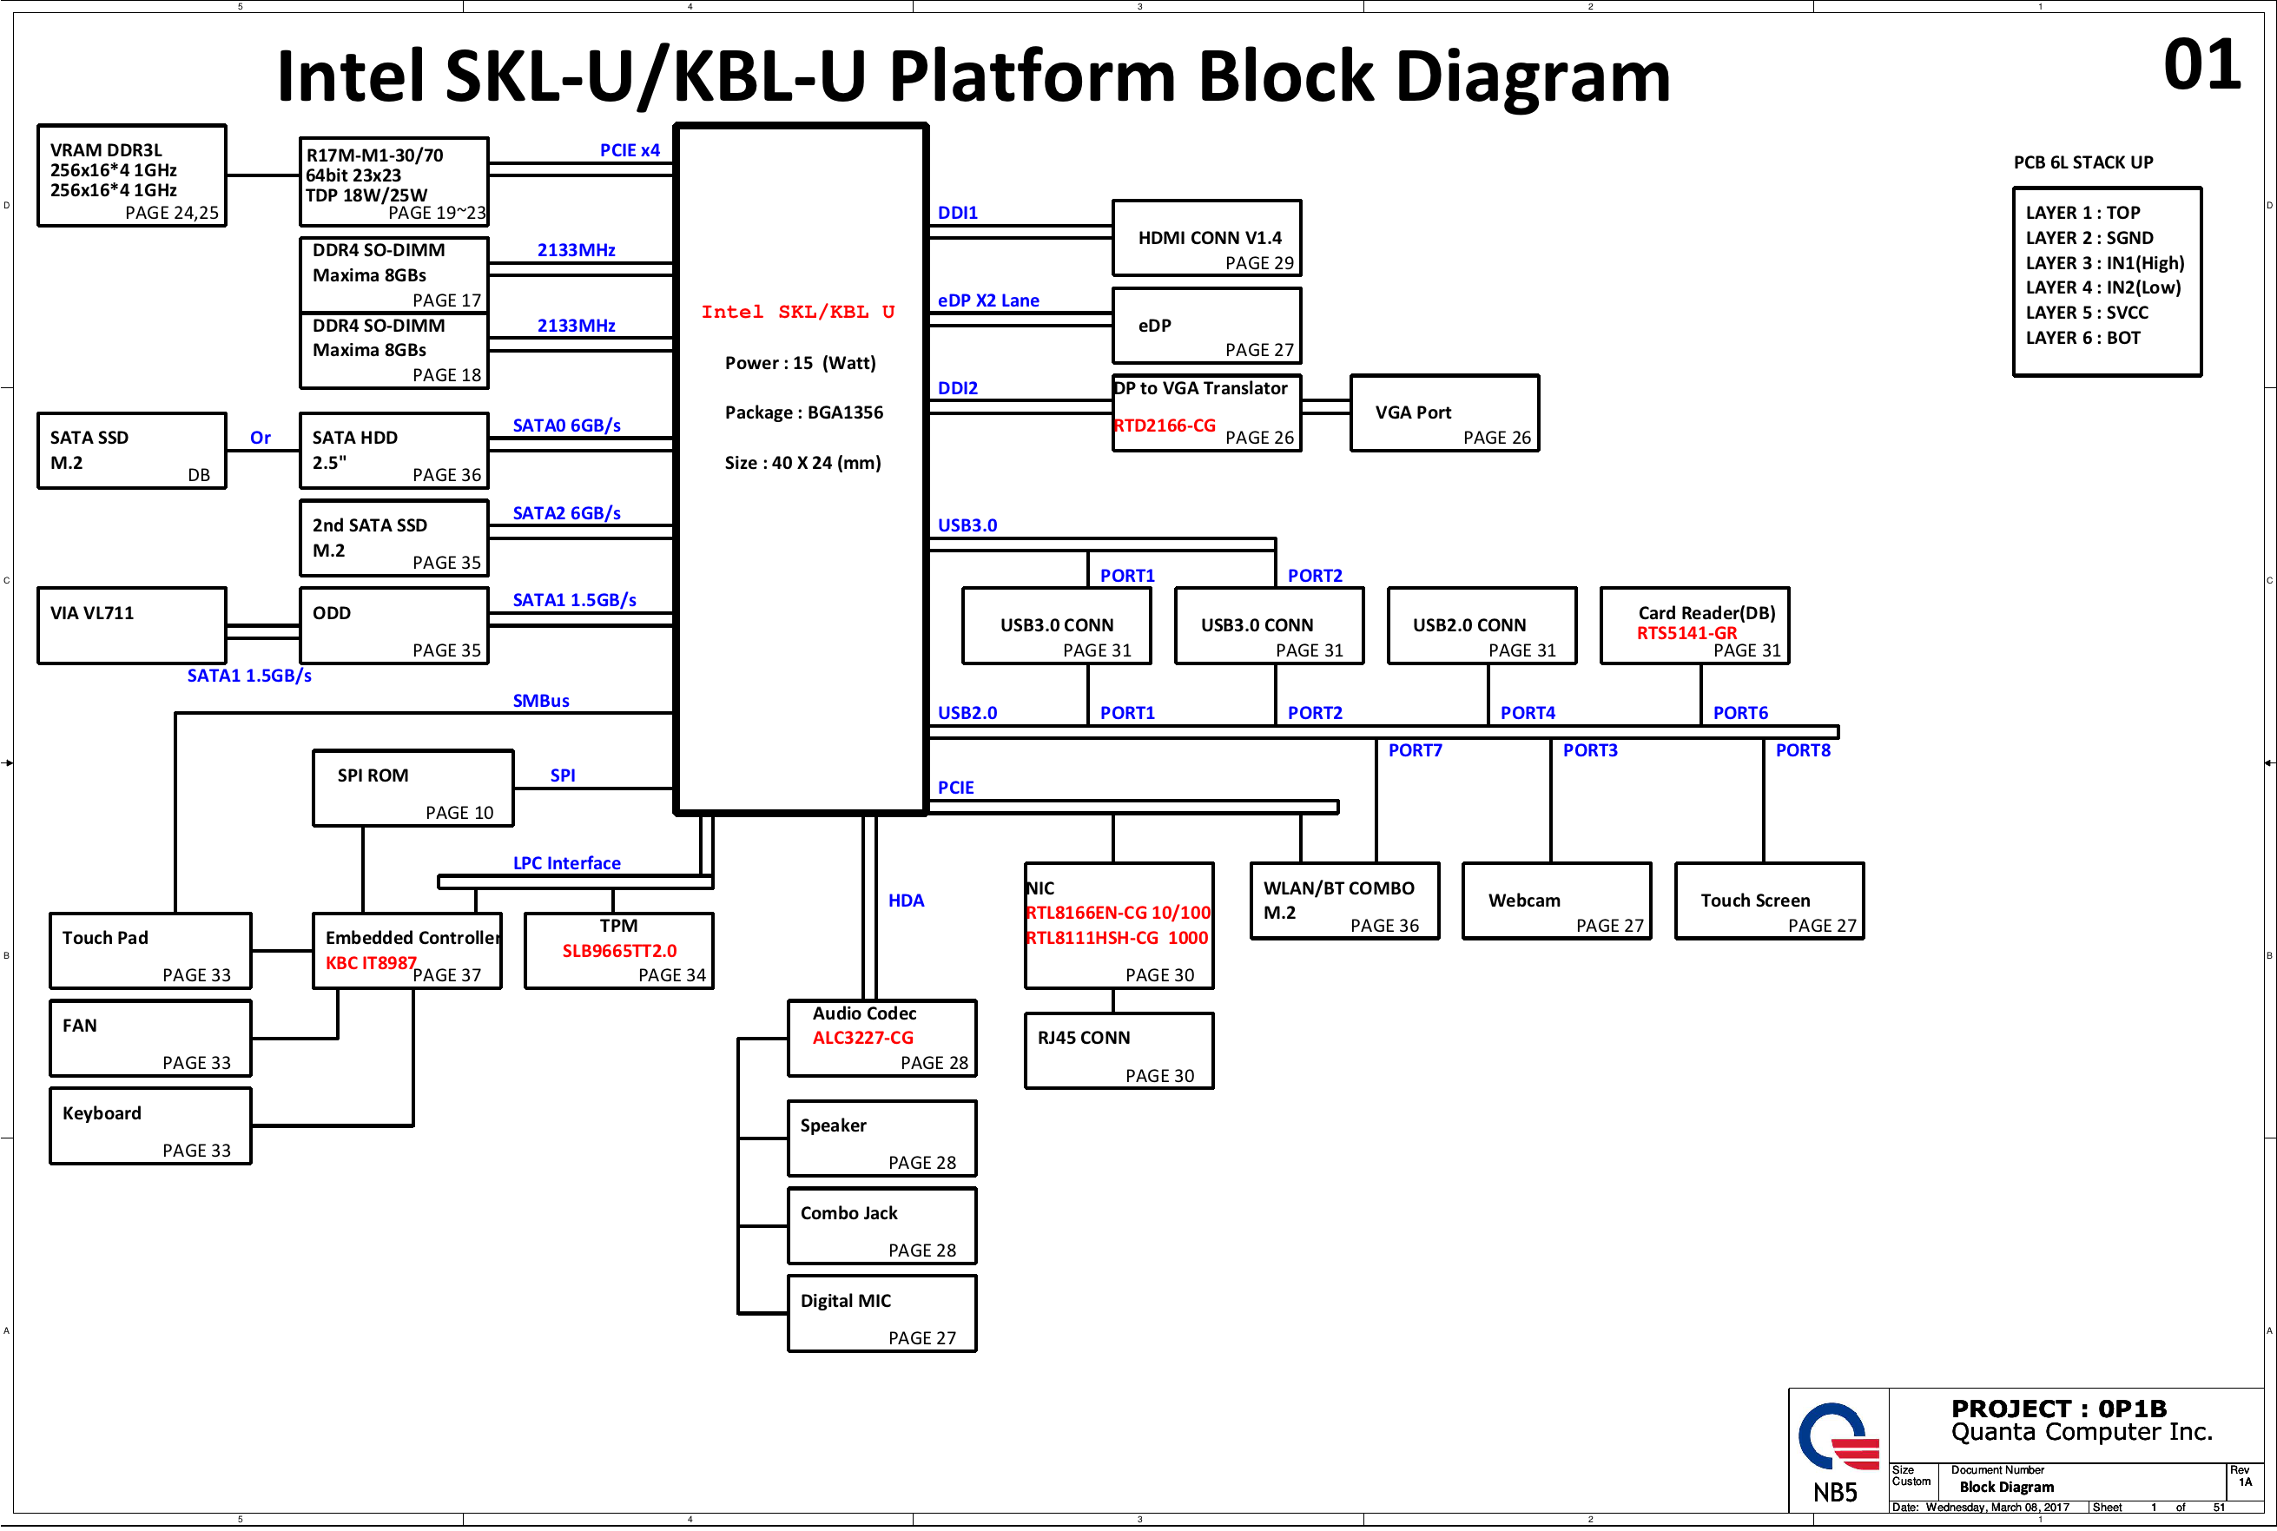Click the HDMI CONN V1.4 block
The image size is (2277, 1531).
coord(1207,238)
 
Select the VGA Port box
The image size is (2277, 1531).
coord(1444,413)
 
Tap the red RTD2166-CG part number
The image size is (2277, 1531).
coord(1165,426)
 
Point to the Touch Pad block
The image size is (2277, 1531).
coord(150,951)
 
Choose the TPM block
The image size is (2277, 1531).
coord(619,951)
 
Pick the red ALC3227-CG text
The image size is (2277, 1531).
coord(863,1038)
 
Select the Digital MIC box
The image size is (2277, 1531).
coord(881,1313)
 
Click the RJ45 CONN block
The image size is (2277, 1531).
coord(1119,1051)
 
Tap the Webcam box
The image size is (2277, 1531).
coord(1556,901)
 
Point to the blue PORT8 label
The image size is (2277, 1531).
coord(1803,751)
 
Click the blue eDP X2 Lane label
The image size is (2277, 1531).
coord(988,300)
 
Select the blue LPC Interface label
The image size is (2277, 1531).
coord(566,863)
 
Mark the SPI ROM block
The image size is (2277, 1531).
coord(413,788)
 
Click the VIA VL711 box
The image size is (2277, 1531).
coord(132,626)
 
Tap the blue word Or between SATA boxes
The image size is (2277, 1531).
coord(261,438)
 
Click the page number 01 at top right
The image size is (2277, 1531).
coord(2201,65)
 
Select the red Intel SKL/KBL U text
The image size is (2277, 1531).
coord(798,313)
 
